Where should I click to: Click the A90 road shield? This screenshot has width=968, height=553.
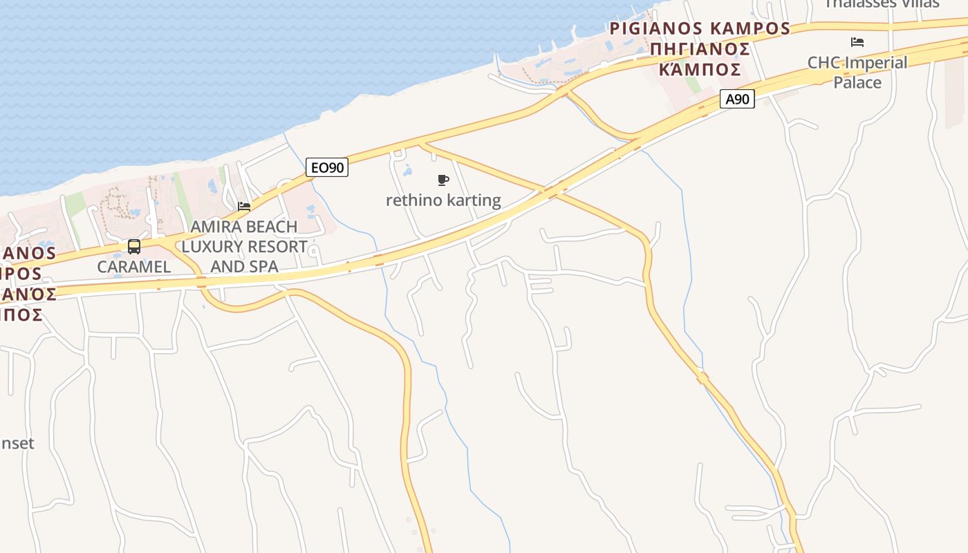click(x=736, y=100)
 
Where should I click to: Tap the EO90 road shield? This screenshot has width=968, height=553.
click(x=327, y=167)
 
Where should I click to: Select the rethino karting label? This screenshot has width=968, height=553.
click(x=443, y=200)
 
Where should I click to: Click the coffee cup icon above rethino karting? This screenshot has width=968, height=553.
click(x=443, y=180)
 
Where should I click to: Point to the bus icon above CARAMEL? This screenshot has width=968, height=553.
click(x=134, y=247)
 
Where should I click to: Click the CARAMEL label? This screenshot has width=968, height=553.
click(x=134, y=266)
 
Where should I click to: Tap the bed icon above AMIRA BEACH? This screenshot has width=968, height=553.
click(x=243, y=206)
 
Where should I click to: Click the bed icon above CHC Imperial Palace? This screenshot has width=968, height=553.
click(x=857, y=42)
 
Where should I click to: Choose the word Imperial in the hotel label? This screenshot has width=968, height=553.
click(x=875, y=63)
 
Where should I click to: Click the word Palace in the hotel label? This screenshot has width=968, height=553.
click(x=857, y=82)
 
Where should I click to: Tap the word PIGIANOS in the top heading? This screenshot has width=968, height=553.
click(x=652, y=29)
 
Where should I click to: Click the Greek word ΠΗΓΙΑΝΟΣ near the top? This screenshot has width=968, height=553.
click(x=700, y=49)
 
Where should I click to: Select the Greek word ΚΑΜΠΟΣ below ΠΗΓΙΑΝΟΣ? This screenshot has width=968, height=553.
click(x=700, y=69)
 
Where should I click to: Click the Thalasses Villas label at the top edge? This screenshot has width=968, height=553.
click(x=882, y=3)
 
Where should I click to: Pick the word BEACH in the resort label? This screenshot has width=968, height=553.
click(x=272, y=227)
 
